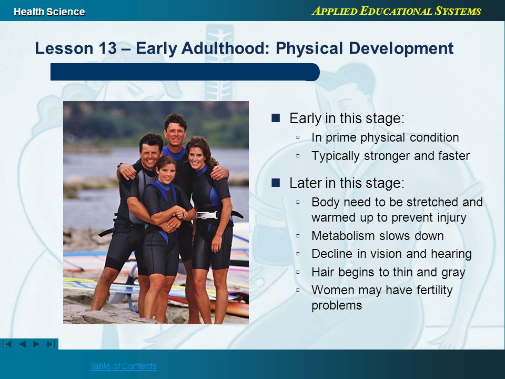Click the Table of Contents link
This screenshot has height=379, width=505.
(123, 366)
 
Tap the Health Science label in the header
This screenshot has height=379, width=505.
(49, 12)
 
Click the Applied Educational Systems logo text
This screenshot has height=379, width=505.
(397, 11)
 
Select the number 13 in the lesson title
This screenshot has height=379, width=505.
(108, 48)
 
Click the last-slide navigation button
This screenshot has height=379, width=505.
(51, 344)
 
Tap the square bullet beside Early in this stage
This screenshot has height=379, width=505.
(276, 118)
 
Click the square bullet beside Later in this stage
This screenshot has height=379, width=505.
(276, 183)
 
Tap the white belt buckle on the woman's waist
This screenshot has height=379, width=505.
(207, 215)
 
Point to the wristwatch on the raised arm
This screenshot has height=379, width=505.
(120, 165)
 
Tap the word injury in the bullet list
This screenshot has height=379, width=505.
(451, 217)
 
